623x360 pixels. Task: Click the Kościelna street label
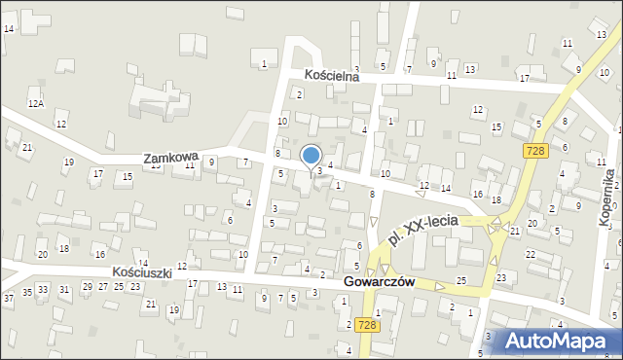point(332,75)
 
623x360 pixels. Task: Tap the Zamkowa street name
point(170,157)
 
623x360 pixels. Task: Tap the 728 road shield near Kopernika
point(534,150)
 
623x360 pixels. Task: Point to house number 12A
point(36,103)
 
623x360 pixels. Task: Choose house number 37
point(9,298)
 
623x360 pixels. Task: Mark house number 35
point(27,292)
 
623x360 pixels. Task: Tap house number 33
point(43,290)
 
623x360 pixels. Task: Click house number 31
point(65,289)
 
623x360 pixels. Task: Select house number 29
point(88,286)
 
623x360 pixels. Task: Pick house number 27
point(103,286)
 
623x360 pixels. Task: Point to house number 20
point(42,254)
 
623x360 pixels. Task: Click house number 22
point(531,254)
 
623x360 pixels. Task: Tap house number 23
point(501,277)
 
